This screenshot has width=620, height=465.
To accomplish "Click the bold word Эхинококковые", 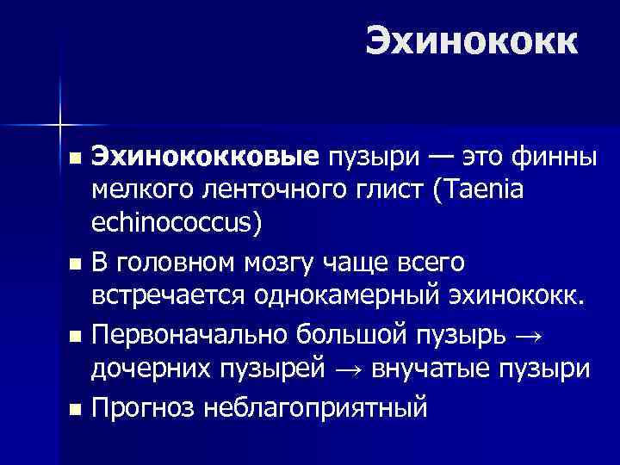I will click(206, 158).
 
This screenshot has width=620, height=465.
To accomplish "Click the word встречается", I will click(170, 296).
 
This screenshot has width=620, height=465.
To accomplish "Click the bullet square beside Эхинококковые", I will click(75, 158).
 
